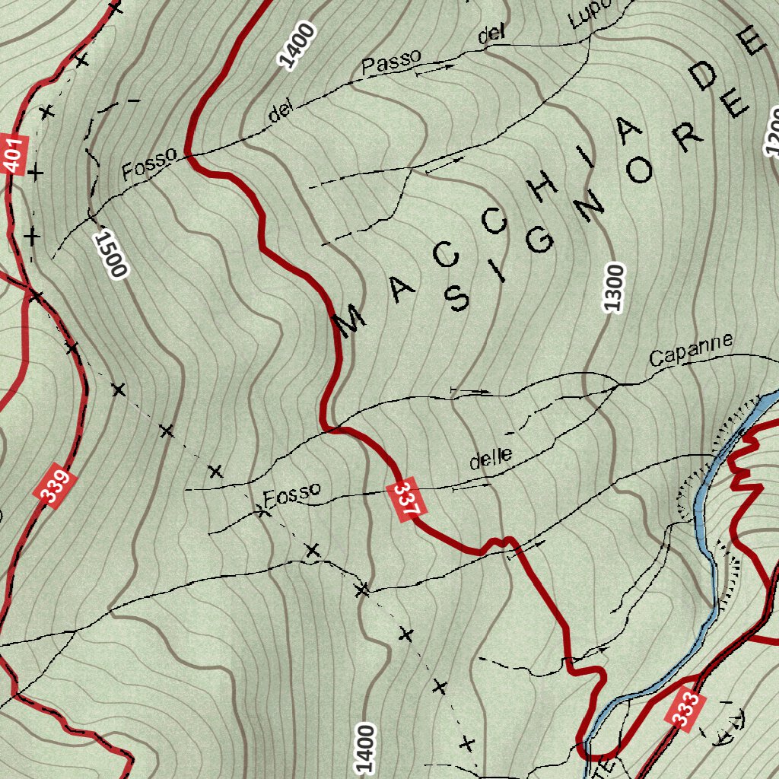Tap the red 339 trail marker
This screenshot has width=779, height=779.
56,488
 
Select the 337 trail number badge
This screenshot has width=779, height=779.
406,501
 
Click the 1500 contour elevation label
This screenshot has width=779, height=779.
110,255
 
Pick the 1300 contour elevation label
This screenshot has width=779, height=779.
615,288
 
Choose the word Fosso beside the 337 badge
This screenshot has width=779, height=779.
292,494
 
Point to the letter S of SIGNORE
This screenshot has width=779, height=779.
456,299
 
